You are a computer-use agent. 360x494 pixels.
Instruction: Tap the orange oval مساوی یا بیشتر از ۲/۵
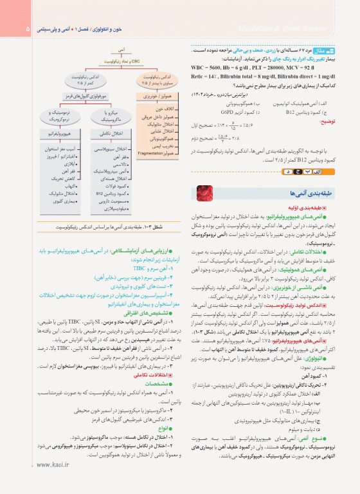[x=152, y=81]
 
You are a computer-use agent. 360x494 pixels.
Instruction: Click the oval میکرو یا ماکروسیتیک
[x=106, y=116]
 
